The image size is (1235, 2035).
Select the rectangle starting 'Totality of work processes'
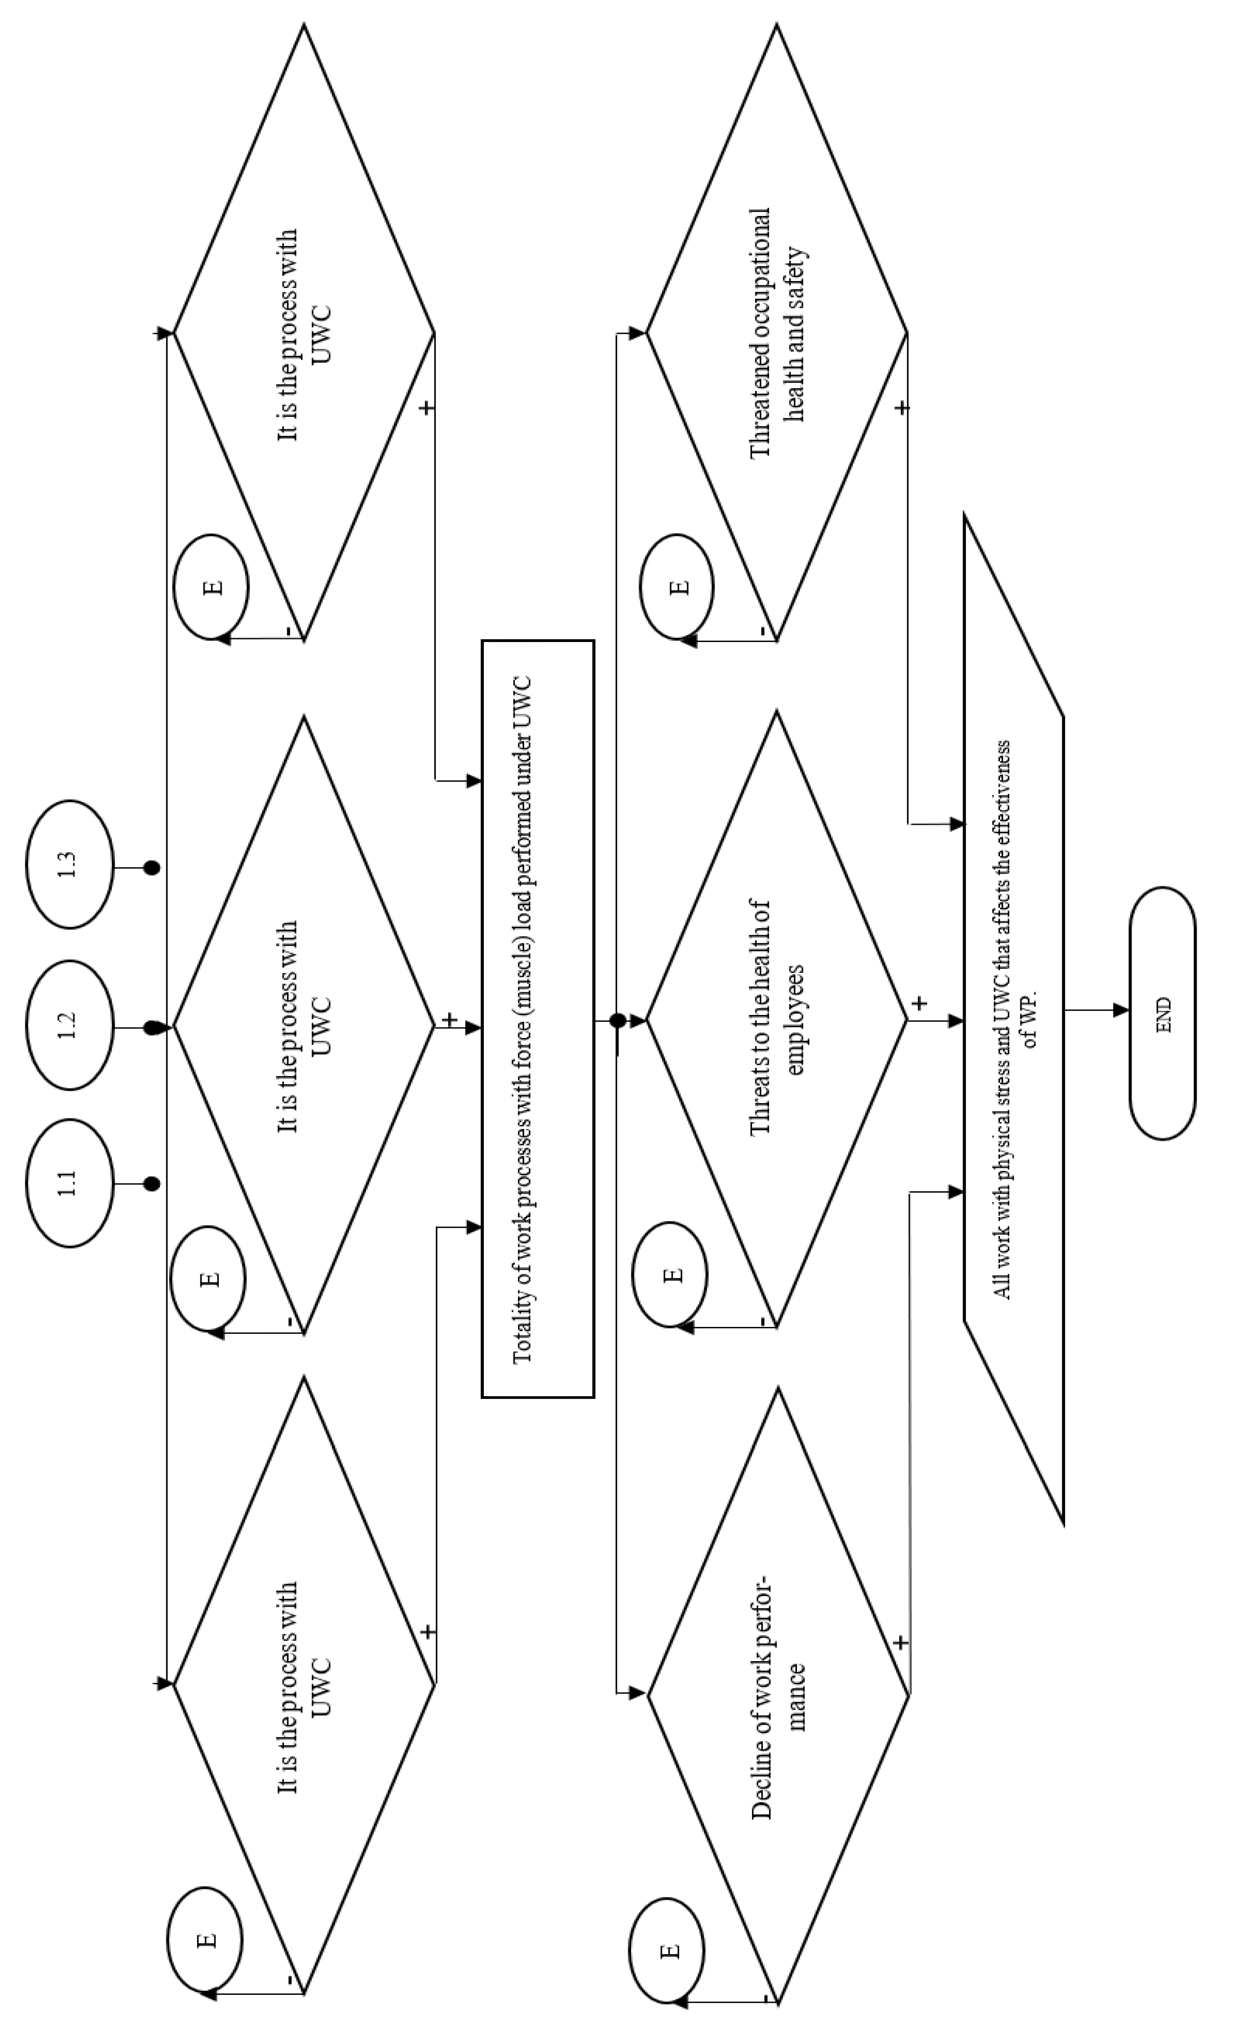point(538,1018)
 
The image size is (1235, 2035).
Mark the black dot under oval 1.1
point(151,1183)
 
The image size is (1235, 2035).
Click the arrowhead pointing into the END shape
point(1121,1010)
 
